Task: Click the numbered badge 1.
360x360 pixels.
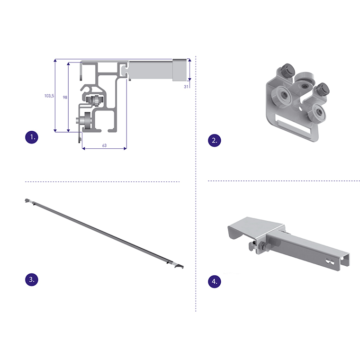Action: coord(32,137)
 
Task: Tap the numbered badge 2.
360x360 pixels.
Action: coord(215,140)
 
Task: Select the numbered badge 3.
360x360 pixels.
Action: coord(32,279)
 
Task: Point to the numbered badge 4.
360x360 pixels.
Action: coord(215,281)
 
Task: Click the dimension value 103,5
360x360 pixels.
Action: coord(49,96)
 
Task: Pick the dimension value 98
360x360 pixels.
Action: coord(65,98)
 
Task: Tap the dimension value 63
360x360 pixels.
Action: coord(104,145)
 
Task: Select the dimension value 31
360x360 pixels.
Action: coord(186,87)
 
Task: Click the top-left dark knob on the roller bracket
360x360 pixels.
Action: coord(287,69)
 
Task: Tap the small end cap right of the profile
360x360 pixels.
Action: coord(180,70)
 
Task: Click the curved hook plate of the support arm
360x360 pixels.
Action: coord(252,228)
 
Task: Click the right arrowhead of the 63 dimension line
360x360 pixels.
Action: coord(125,149)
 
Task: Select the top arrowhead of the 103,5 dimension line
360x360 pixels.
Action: coord(55,60)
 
